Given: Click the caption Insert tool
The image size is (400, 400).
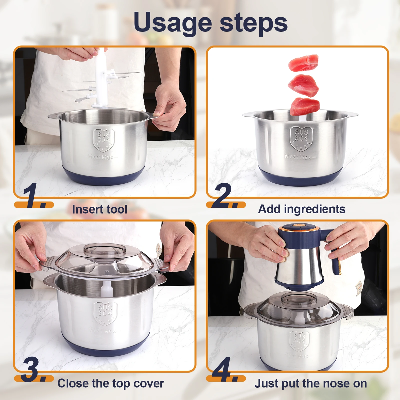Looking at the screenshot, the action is point(99,209).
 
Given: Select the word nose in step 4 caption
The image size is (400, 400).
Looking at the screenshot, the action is point(333,383).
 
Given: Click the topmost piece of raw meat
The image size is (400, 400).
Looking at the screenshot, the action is point(303,63).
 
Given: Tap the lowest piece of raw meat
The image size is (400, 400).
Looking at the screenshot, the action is point(305,106).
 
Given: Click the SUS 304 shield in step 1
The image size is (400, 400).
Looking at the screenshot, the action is point(103,140).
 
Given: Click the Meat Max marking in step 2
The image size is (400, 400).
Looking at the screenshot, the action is point(300,157).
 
